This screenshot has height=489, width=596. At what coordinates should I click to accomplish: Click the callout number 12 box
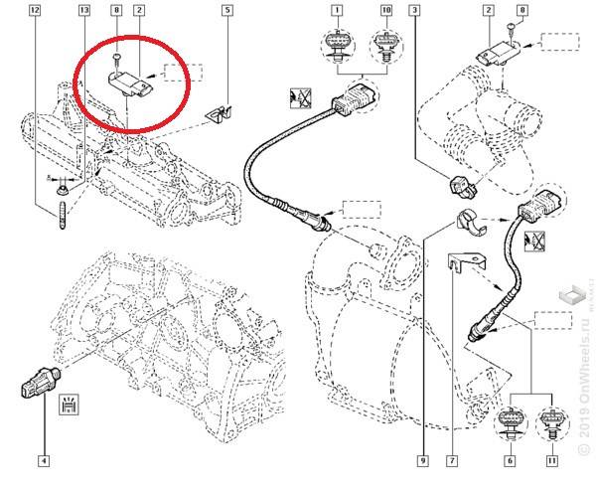36,12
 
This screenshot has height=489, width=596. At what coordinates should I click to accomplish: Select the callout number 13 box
83,12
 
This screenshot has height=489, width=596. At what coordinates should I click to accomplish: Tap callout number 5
227,12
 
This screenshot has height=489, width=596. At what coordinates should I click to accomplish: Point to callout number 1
338,12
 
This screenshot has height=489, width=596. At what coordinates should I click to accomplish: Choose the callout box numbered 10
385,12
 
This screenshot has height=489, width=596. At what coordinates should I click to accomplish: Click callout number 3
413,12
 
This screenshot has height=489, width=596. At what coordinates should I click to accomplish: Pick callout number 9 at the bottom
422,461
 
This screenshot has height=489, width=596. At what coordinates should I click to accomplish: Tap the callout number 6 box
511,461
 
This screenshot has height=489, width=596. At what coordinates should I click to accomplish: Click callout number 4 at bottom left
43,461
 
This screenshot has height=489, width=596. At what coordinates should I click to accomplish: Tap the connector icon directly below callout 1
339,45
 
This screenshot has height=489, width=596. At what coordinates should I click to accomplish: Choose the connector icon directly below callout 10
385,46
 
